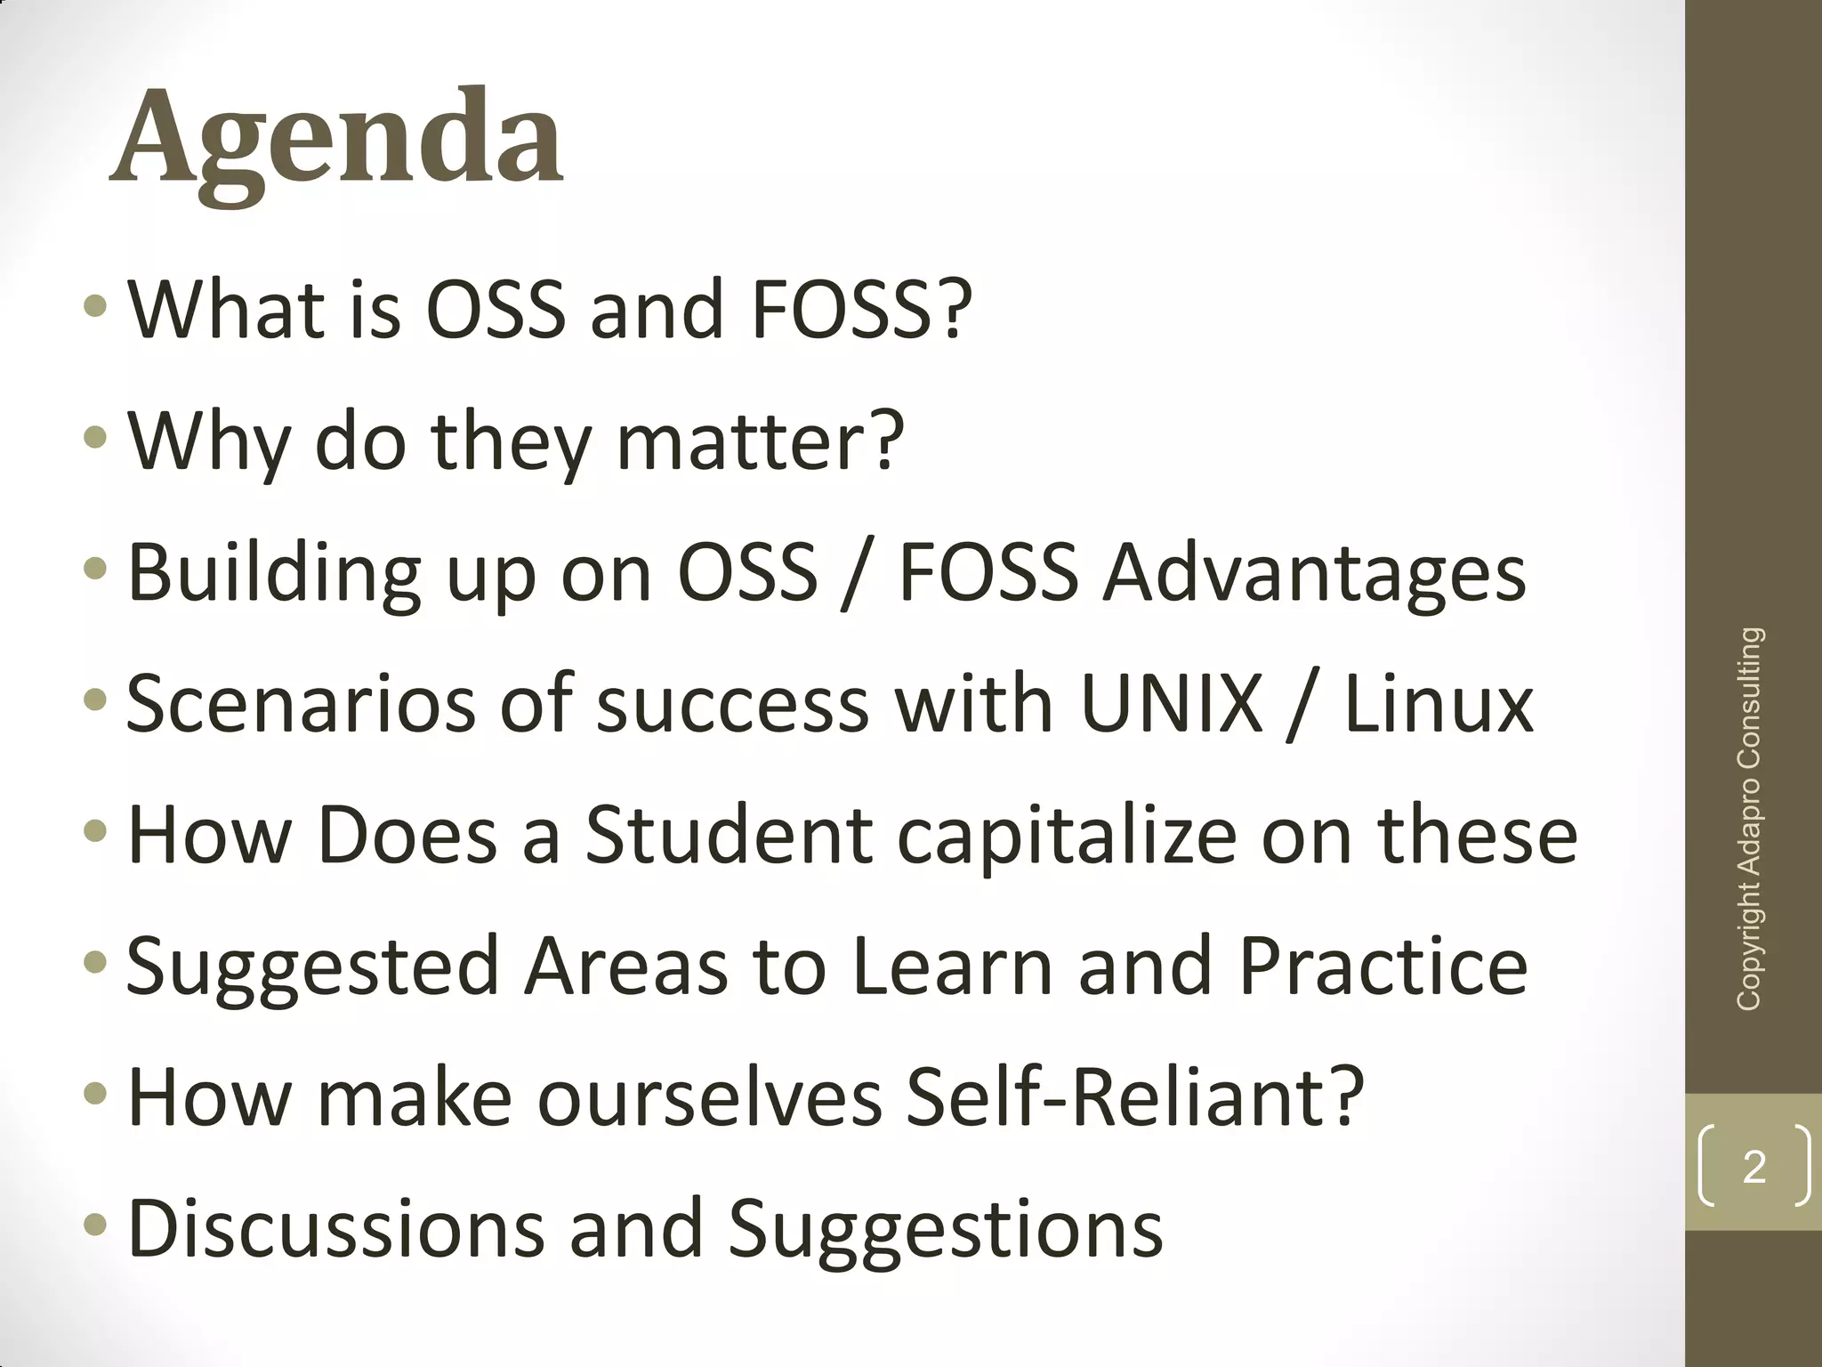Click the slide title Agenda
pos(336,141)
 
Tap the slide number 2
pos(1753,1167)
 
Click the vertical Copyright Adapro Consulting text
pos(1749,819)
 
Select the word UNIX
pos(1172,704)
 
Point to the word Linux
pos(1439,704)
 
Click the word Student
pos(728,835)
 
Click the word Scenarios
pos(299,704)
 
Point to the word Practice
pos(1383,966)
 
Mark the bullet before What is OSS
pos(94,308)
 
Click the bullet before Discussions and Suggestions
pos(94,1227)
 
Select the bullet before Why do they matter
pos(94,439)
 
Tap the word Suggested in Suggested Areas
pos(312,967)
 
